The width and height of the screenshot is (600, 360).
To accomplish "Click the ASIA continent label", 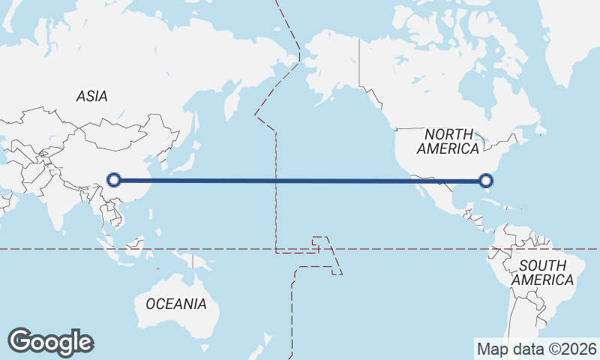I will pyautogui.click(x=91, y=96).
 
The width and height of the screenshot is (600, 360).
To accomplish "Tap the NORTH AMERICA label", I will pyautogui.click(x=448, y=141).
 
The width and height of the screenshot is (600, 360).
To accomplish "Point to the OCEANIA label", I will pyautogui.click(x=175, y=304).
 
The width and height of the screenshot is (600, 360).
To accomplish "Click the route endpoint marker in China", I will pyautogui.click(x=114, y=179).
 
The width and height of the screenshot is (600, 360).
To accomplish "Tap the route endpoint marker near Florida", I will pyautogui.click(x=486, y=180).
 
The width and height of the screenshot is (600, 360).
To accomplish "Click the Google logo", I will pyautogui.click(x=50, y=341).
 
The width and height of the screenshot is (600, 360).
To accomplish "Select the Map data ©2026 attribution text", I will pyautogui.click(x=536, y=349).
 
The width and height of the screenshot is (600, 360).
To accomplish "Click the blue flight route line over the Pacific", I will pyautogui.click(x=300, y=180).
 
